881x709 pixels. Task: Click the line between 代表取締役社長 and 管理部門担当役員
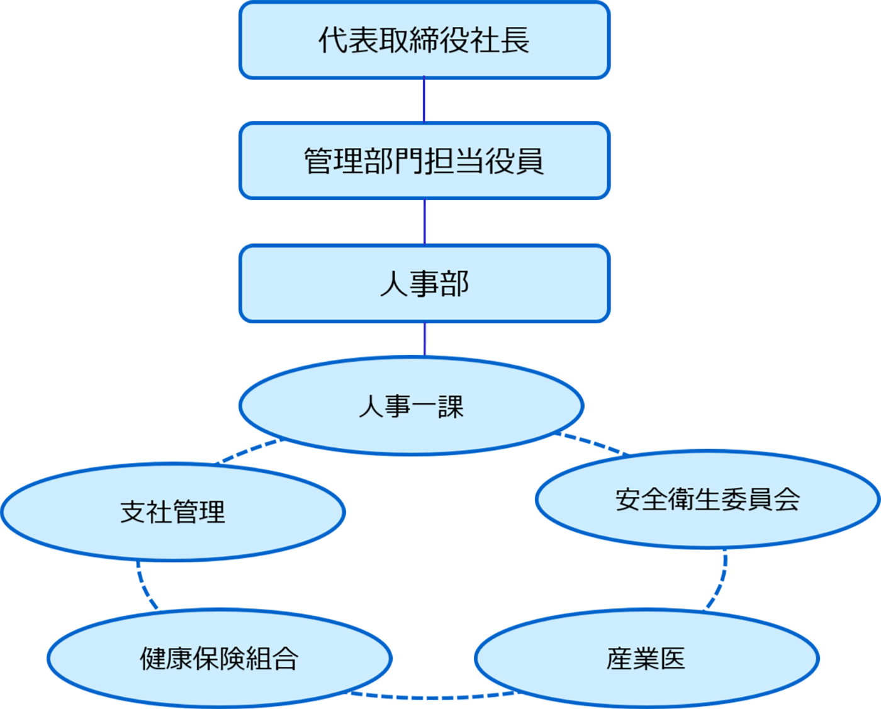(x=424, y=100)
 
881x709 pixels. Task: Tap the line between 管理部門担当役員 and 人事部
(x=424, y=221)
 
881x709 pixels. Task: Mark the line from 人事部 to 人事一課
(x=424, y=339)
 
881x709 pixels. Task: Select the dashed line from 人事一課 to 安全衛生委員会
(x=592, y=443)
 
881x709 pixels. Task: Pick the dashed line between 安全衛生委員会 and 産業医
(x=719, y=582)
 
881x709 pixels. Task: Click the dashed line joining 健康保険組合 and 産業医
(x=432, y=697)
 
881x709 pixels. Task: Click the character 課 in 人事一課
(x=451, y=407)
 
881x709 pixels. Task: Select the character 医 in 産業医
(x=672, y=659)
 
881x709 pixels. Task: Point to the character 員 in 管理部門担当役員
(x=529, y=161)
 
